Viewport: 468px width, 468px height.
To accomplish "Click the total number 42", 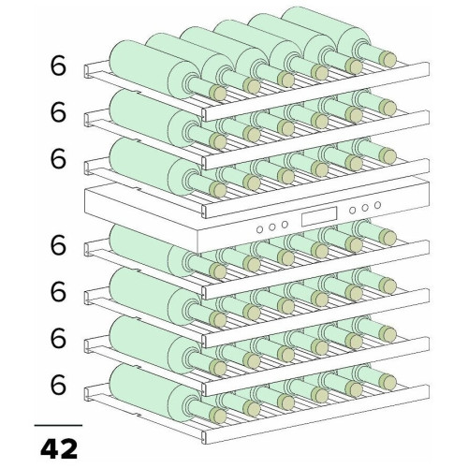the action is (59, 448).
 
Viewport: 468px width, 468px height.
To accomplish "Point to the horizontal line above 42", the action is (58, 425).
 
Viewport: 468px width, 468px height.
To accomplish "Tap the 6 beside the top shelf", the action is (58, 66).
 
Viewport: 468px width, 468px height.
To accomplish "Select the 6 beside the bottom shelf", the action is (58, 385).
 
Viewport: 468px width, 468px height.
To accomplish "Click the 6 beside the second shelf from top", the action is (58, 112).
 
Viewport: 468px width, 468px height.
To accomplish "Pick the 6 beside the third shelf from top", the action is (58, 159).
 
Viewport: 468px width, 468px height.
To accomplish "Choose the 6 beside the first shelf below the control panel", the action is (58, 245).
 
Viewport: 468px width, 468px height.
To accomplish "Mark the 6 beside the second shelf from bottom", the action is (58, 338).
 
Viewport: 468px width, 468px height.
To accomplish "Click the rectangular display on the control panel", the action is (319, 216).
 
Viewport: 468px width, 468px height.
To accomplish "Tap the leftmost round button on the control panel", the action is (259, 229).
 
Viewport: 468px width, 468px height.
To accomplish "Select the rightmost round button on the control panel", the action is (378, 205).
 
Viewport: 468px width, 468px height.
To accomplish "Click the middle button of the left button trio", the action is (272, 227).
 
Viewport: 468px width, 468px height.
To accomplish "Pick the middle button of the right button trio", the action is (365, 208).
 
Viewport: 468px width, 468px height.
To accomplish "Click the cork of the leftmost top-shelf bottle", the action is (218, 93).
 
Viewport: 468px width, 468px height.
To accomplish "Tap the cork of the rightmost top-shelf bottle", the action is (388, 59).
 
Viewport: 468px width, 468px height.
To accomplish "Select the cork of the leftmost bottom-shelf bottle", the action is (218, 416).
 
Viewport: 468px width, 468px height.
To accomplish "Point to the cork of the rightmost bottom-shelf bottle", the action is (388, 382).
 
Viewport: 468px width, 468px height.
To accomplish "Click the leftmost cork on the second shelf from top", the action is (218, 140).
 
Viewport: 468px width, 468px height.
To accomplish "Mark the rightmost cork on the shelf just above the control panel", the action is (388, 156).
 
